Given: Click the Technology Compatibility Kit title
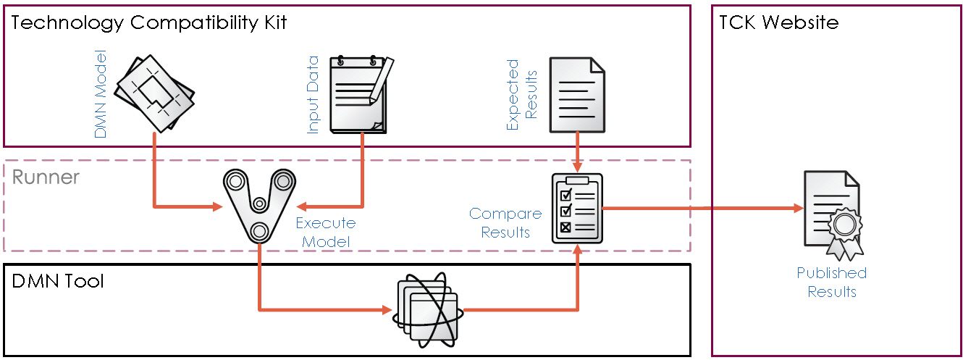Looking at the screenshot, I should [x=150, y=22].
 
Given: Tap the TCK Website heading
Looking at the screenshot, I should [x=778, y=22].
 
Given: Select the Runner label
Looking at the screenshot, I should [x=46, y=177].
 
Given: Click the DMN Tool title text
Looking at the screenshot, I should [x=58, y=281].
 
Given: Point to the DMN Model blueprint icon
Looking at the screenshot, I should [x=156, y=92].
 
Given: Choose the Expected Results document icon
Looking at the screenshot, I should [x=576, y=95].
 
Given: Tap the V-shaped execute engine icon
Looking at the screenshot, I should [x=258, y=204].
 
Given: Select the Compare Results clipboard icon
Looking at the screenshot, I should [x=577, y=209].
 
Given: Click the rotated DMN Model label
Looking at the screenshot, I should [x=101, y=93].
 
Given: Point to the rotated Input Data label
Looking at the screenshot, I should [x=314, y=94].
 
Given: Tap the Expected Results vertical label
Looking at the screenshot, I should [x=521, y=95].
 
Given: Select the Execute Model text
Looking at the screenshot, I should [x=325, y=233].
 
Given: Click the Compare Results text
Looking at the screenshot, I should [x=505, y=223].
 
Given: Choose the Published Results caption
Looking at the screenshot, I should [x=832, y=282].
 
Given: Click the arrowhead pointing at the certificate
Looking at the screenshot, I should [x=797, y=209].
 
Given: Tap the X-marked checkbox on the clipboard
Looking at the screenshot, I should [x=566, y=227].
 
